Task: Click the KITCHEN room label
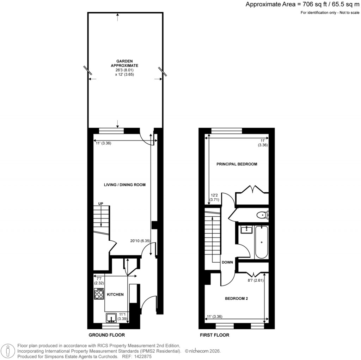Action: tap(115, 294)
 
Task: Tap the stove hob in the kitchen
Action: tap(99, 294)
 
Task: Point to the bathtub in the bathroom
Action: tap(261, 242)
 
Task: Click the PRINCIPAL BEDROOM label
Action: tap(237, 164)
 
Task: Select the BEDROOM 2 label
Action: tap(237, 299)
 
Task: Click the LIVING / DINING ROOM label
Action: tap(124, 185)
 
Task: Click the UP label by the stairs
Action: tap(101, 204)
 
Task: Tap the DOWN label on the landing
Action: tap(227, 262)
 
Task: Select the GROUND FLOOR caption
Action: tap(106, 335)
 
